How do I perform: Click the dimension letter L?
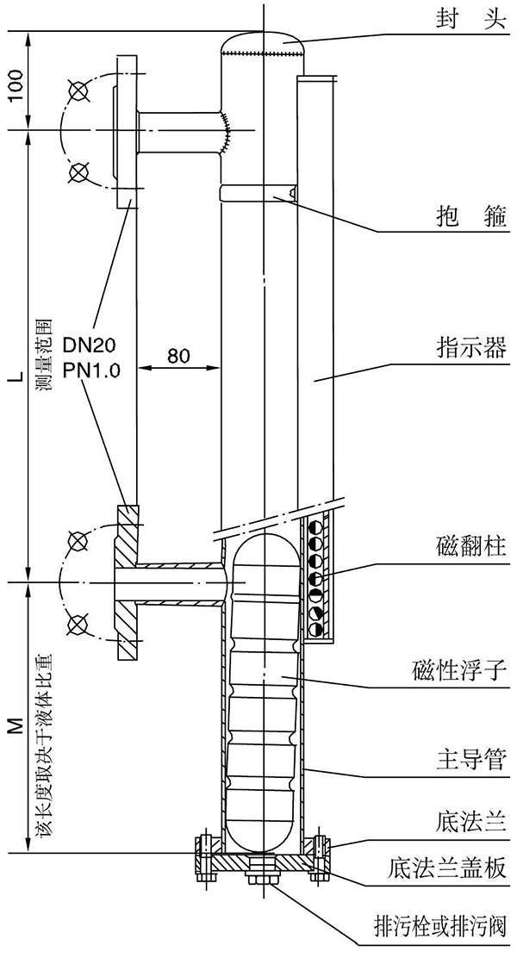click(x=16, y=376)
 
